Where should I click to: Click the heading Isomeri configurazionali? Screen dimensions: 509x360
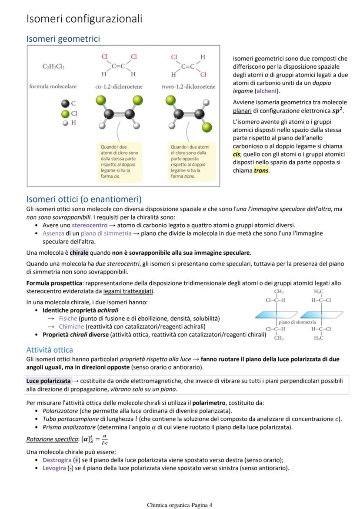(x=84, y=19)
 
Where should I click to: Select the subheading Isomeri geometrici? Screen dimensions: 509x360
(x=63, y=39)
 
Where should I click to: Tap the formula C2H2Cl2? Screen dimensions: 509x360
(x=53, y=67)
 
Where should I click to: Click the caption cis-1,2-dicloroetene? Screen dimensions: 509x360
(x=119, y=86)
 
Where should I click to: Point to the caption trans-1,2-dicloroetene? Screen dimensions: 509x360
(x=188, y=86)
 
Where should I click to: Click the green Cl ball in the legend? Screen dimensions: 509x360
(x=65, y=113)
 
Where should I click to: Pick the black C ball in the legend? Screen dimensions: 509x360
(x=65, y=103)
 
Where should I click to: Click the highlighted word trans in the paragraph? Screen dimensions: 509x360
(x=261, y=170)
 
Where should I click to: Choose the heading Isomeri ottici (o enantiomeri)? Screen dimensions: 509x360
(x=84, y=200)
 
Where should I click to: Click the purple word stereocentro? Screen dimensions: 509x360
(x=89, y=225)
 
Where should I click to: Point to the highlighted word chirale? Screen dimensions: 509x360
(x=79, y=253)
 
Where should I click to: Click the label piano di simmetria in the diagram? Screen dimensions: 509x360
(x=297, y=322)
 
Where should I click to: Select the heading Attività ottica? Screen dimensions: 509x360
(x=50, y=350)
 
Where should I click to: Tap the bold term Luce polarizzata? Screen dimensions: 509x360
(x=48, y=381)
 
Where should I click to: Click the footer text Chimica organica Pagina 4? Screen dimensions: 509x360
(x=180, y=505)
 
